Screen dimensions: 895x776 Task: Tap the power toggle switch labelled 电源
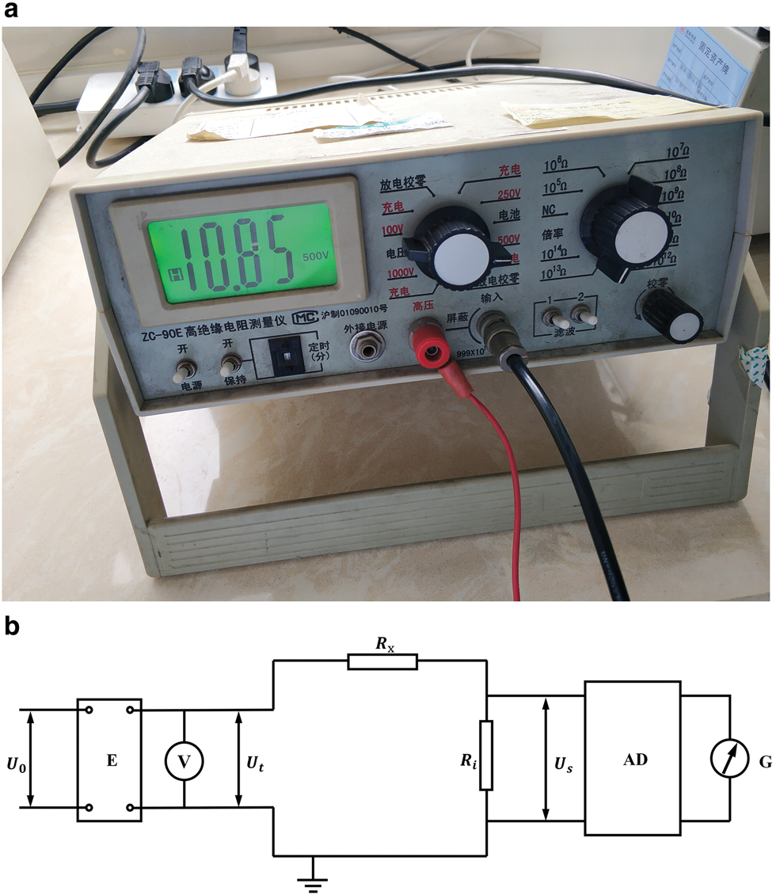pos(186,369)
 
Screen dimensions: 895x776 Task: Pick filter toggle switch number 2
pos(586,317)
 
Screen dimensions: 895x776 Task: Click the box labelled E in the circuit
pos(110,761)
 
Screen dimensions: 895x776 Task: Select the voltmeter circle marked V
pos(184,761)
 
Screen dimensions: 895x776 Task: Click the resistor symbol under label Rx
pos(382,661)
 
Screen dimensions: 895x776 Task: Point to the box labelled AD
pos(633,759)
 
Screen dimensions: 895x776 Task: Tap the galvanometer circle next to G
pos(729,760)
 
